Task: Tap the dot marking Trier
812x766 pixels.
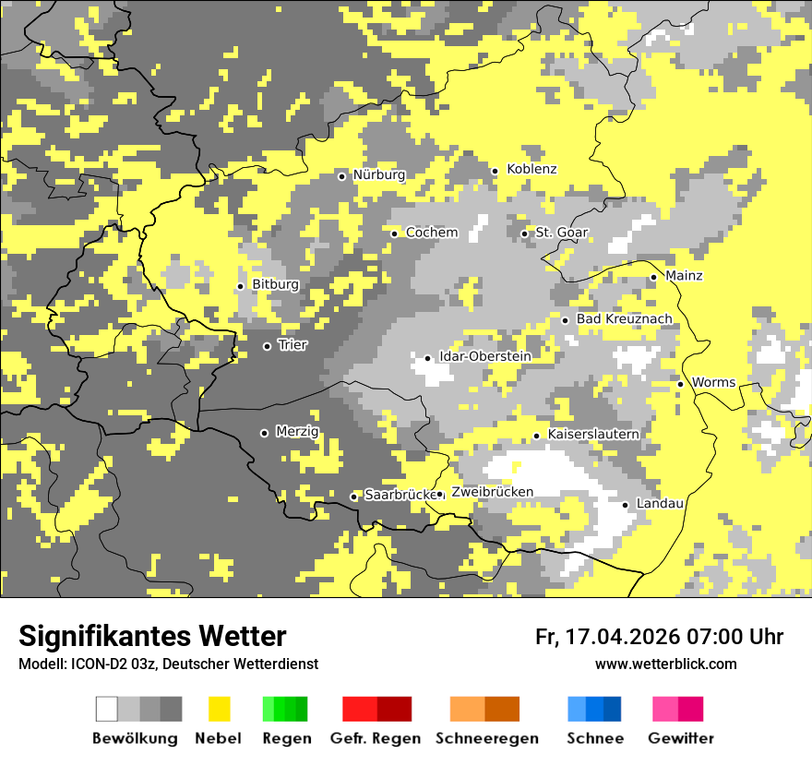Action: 268,346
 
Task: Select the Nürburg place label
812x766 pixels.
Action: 378,175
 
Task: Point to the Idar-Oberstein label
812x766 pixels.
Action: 484,357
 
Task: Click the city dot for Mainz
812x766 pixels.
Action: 654,277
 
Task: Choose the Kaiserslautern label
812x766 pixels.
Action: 593,435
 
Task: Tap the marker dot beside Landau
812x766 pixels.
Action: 626,505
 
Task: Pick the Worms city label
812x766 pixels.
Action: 713,383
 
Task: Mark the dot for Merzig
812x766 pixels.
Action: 265,433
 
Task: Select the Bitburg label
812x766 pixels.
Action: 275,285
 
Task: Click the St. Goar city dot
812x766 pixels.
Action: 525,233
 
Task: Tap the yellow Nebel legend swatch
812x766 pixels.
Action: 220,709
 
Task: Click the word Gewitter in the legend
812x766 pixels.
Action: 680,738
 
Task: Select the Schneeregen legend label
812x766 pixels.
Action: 486,738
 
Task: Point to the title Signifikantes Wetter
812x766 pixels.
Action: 152,636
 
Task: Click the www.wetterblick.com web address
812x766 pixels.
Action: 665,664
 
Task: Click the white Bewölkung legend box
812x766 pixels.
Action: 107,709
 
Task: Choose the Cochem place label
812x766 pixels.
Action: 431,233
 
